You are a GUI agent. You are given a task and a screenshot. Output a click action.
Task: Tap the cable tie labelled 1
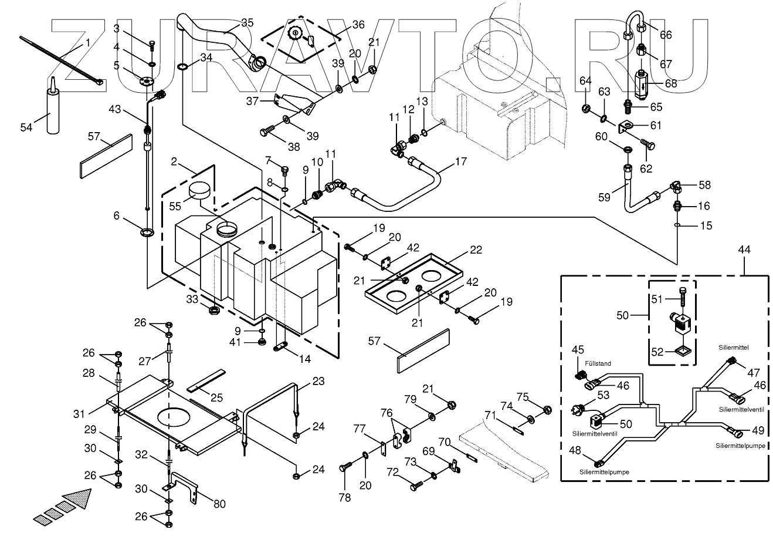coord(59,61)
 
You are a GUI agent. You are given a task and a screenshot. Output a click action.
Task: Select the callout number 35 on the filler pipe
coord(247,23)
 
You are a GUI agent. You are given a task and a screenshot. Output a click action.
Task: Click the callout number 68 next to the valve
coord(670,83)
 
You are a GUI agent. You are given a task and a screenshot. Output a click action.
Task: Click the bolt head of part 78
coord(344,468)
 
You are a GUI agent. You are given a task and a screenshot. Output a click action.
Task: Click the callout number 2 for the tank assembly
coord(174,161)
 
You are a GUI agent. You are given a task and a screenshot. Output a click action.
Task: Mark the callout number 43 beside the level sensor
coord(116,109)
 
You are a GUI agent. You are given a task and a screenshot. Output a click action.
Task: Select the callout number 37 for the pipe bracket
coord(252,101)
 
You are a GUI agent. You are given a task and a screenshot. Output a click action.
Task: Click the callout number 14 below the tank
coord(305,359)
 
